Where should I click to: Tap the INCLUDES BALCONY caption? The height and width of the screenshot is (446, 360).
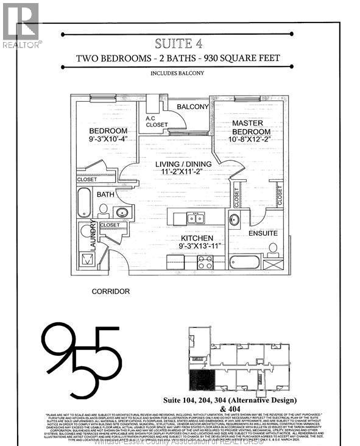click(x=178, y=74)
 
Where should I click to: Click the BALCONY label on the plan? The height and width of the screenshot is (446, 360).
click(x=192, y=107)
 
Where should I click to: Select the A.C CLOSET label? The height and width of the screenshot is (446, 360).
click(x=157, y=122)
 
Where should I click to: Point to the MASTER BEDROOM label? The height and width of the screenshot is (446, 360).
click(x=251, y=127)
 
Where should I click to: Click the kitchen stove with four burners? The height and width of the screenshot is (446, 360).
click(x=205, y=263)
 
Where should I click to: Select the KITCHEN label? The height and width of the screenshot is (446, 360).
click(x=196, y=238)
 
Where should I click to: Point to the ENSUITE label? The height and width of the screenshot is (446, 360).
click(x=263, y=233)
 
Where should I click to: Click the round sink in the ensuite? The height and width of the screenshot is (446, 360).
click(x=234, y=221)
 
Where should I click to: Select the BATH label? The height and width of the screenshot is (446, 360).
click(x=105, y=194)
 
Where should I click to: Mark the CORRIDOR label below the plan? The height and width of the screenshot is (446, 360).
click(x=110, y=291)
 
